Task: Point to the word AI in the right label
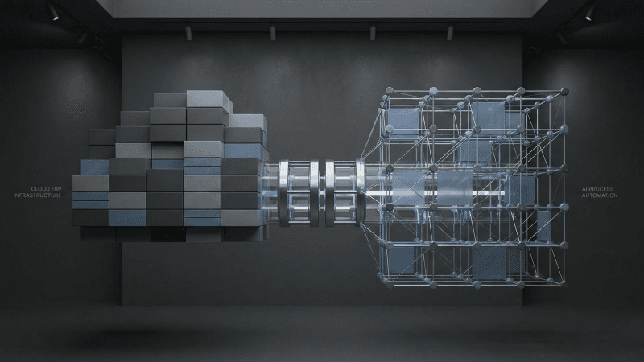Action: pyautogui.click(x=585, y=189)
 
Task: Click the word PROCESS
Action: pyautogui.click(x=603, y=189)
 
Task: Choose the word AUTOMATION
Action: pyautogui.click(x=600, y=195)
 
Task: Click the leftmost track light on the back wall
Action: pyautogui.click(x=188, y=32)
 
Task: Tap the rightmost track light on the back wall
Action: pyautogui.click(x=450, y=32)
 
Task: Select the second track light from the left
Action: pyautogui.click(x=273, y=32)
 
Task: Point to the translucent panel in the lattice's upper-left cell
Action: pyautogui.click(x=403, y=121)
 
